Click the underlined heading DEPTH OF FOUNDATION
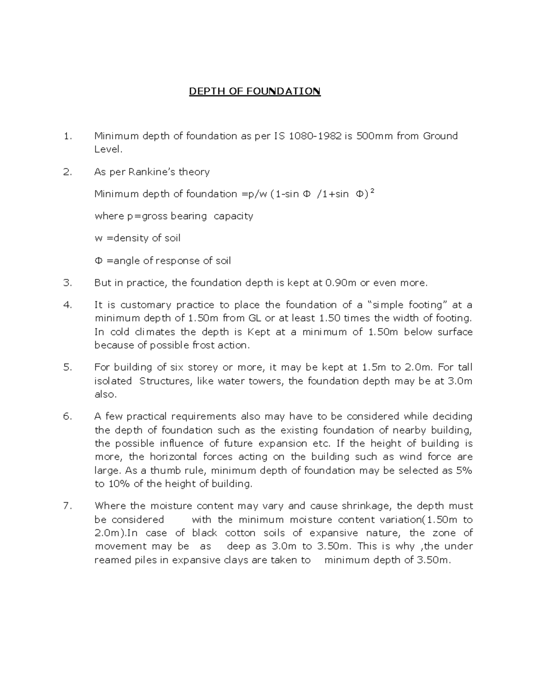point(255,91)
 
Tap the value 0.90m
point(342,283)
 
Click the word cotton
point(240,533)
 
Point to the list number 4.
point(67,305)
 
